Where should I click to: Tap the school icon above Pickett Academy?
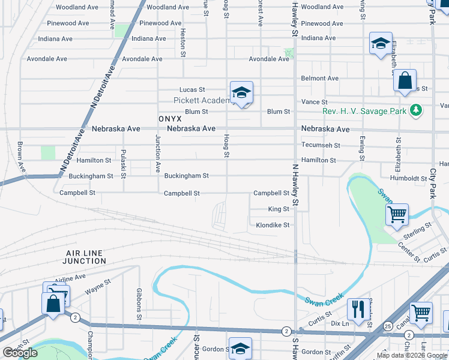click(241, 92)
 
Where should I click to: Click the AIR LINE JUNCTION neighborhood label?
click(86, 257)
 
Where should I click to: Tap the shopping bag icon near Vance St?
click(405, 80)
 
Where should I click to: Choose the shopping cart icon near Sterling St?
click(397, 214)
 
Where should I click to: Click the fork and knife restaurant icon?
click(358, 309)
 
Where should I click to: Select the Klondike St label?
click(273, 225)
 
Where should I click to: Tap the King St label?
click(279, 209)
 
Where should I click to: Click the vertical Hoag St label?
click(227, 146)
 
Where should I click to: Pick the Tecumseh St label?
click(321, 145)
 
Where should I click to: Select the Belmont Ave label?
click(320, 78)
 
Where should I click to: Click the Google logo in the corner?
click(20, 353)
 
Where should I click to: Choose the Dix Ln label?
click(340, 323)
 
